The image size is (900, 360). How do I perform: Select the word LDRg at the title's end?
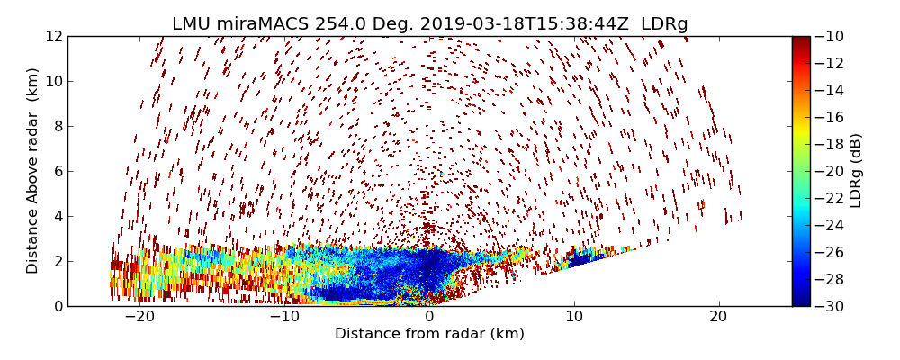coord(664,24)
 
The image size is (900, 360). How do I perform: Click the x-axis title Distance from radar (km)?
coord(429,334)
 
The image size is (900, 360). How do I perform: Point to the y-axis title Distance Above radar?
coord(33,170)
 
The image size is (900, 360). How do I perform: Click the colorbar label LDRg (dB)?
coord(856,170)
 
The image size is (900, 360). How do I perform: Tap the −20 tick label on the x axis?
coord(139,317)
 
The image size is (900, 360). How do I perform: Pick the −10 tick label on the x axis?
coord(283,317)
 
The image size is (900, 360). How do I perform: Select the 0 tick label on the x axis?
coord(429,317)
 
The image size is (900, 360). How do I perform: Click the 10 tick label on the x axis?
coord(574,317)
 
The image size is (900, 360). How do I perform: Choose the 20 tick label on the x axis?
coord(718,317)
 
